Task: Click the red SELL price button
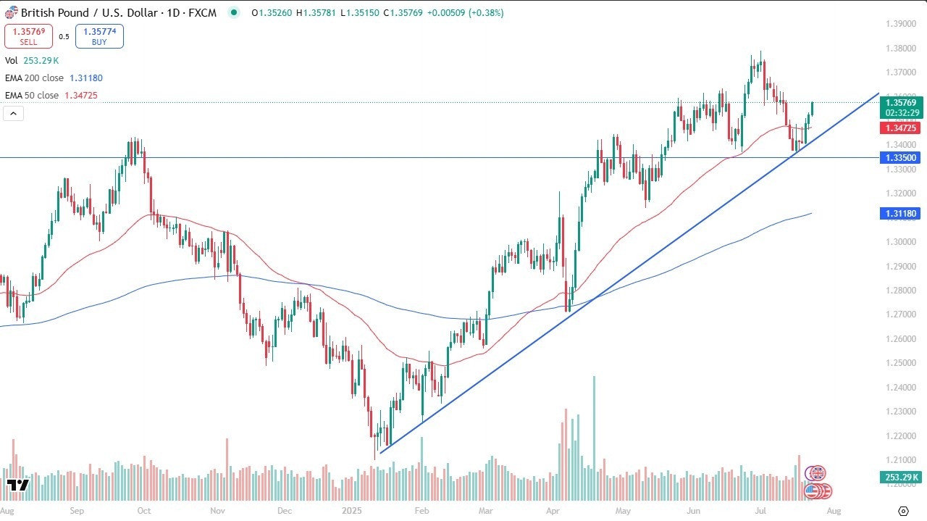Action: click(29, 36)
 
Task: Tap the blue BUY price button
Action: click(99, 36)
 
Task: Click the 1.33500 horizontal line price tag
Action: click(900, 157)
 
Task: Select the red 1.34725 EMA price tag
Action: click(900, 128)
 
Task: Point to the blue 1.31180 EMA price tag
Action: click(900, 213)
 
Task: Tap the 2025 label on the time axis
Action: click(351, 511)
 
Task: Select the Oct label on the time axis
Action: click(143, 511)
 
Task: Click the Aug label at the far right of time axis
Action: click(834, 511)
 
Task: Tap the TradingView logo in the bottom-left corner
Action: click(17, 485)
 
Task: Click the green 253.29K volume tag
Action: click(900, 477)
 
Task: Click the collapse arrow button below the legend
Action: click(14, 113)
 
